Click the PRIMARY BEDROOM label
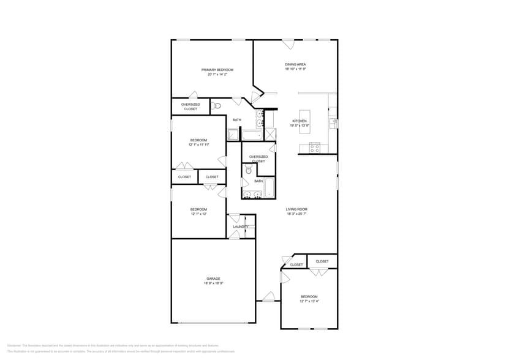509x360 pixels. tap(217, 70)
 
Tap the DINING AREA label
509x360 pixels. tap(295, 64)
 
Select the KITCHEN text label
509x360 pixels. tap(299, 121)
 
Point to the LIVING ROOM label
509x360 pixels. tap(296, 209)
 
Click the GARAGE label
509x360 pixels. tap(213, 279)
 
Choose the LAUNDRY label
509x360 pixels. tap(240, 227)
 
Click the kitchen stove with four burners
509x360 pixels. tap(315, 148)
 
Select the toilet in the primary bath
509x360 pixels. tap(216, 106)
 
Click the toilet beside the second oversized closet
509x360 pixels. tap(249, 170)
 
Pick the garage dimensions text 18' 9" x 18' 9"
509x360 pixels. tap(213, 283)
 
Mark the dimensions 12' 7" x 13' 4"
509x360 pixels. tap(309, 301)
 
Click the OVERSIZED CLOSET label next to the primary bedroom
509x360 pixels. tap(190, 107)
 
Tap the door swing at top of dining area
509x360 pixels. tap(288, 44)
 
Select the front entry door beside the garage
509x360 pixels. tap(268, 298)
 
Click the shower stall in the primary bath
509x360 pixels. tap(233, 135)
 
